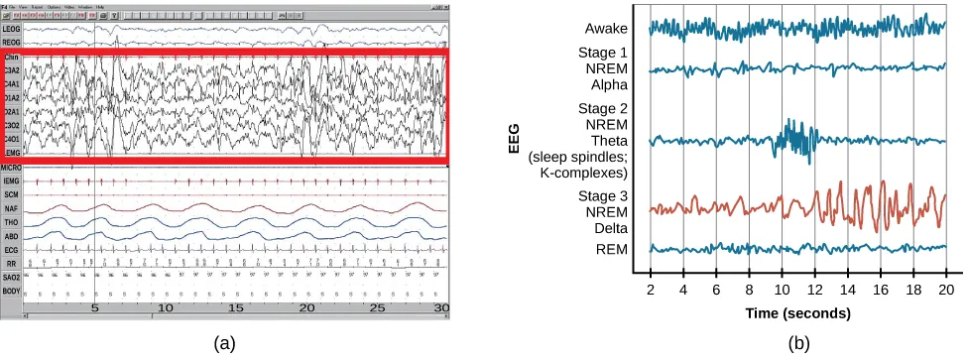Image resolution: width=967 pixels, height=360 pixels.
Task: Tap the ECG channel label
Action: click(x=11, y=249)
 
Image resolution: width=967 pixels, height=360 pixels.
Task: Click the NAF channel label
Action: click(x=11, y=210)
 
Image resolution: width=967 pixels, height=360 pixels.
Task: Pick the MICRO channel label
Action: click(x=12, y=170)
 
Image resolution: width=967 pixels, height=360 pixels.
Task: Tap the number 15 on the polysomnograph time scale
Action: click(x=236, y=309)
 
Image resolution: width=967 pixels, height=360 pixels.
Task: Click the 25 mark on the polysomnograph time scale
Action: click(x=378, y=309)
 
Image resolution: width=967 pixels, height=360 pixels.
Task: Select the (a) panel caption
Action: click(x=227, y=343)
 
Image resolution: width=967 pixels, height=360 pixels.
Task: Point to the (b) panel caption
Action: click(x=798, y=343)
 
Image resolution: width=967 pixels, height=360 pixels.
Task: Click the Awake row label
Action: click(x=606, y=28)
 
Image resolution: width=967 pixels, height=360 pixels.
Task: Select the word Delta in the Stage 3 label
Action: click(x=608, y=227)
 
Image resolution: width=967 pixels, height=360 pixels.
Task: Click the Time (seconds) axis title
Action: click(x=798, y=313)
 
